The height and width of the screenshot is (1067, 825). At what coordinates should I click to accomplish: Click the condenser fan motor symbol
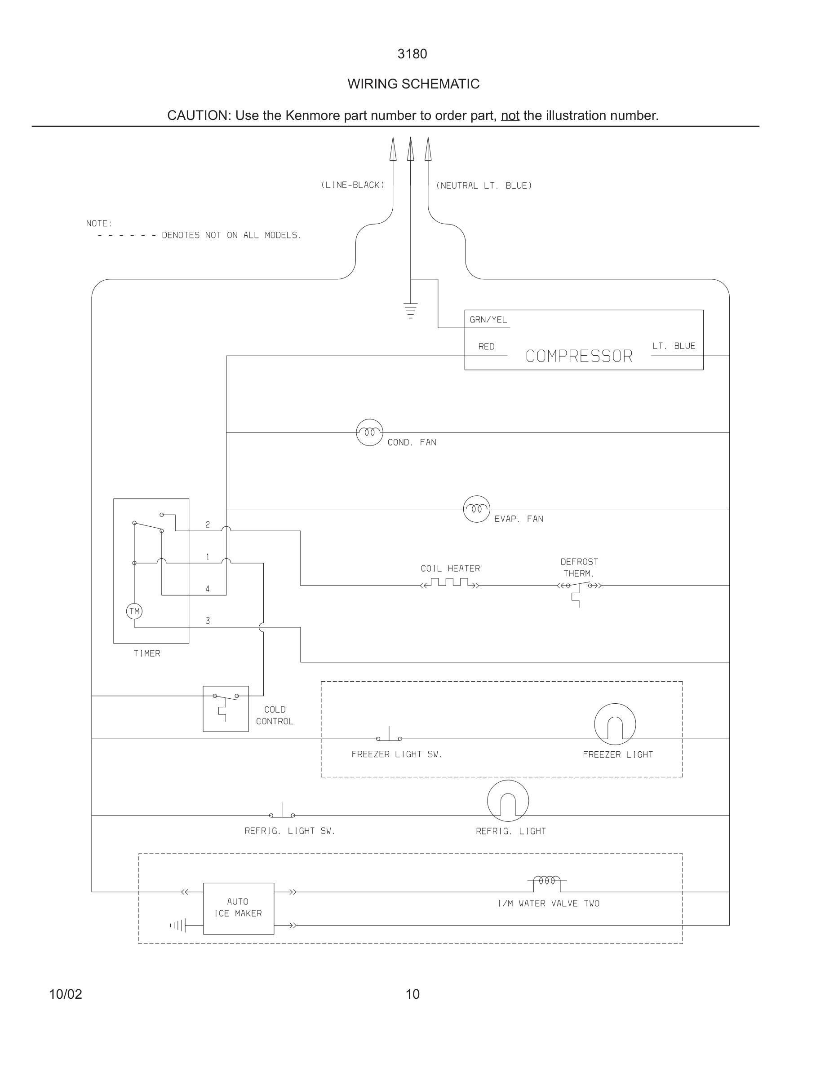tap(369, 432)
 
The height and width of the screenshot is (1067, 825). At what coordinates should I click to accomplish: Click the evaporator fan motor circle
tap(476, 509)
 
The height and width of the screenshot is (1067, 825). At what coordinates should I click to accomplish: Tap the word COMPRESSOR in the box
tap(579, 356)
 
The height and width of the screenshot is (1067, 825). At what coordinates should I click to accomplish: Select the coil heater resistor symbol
tap(450, 583)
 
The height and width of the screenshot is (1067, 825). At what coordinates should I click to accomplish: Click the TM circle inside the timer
tap(134, 611)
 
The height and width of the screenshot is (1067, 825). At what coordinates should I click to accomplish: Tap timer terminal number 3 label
tap(208, 621)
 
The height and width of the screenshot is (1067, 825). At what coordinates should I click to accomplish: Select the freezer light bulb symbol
tap(615, 724)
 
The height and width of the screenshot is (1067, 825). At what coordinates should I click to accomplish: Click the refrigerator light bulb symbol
tap(508, 801)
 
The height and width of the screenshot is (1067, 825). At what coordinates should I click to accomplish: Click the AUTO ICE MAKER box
tap(239, 908)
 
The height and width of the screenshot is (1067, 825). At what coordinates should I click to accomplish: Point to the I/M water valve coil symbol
tap(547, 880)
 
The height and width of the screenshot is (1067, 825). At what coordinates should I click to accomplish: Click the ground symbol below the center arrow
tap(411, 311)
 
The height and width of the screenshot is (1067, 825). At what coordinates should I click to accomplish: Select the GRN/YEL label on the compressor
tap(488, 319)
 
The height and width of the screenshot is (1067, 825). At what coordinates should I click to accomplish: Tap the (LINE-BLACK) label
tap(353, 185)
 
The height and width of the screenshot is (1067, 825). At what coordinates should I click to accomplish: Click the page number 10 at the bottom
tap(412, 994)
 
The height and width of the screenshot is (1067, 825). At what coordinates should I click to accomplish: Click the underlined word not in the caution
tap(510, 116)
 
